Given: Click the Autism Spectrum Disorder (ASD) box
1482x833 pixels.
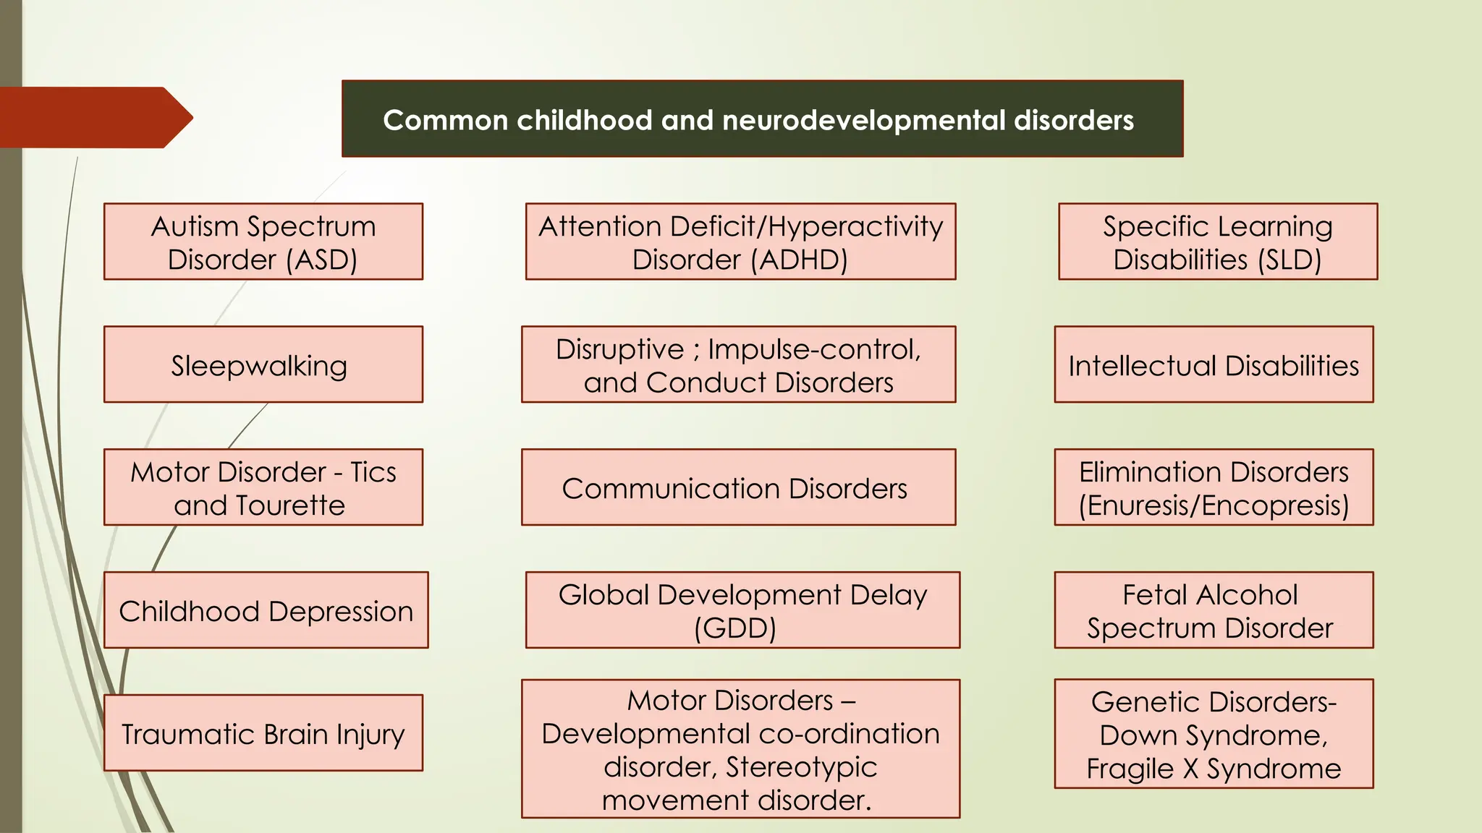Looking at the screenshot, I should point(263,242).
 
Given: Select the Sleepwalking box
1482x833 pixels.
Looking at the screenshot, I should point(263,364).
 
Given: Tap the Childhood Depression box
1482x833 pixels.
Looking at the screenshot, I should point(266,610).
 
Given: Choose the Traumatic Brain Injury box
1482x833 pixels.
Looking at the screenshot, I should point(263,733).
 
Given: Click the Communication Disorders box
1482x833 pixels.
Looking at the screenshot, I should point(738,487).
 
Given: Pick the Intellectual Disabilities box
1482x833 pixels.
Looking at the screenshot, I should point(1214,364).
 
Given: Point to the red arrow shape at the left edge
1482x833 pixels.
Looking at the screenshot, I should point(94,118).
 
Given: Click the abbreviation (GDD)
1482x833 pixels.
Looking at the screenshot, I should point(735,628).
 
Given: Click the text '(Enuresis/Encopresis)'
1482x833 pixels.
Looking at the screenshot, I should point(1214,505).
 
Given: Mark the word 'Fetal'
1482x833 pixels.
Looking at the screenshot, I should point(1155,594).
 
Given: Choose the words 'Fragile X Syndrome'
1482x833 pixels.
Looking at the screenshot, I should point(1214,768).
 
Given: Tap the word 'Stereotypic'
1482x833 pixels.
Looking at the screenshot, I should point(801,766).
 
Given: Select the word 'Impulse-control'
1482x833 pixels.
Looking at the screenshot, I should point(814,349).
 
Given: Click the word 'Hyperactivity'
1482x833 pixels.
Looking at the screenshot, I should point(855,226).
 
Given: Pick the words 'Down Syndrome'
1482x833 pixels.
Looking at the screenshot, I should point(1214,735).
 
